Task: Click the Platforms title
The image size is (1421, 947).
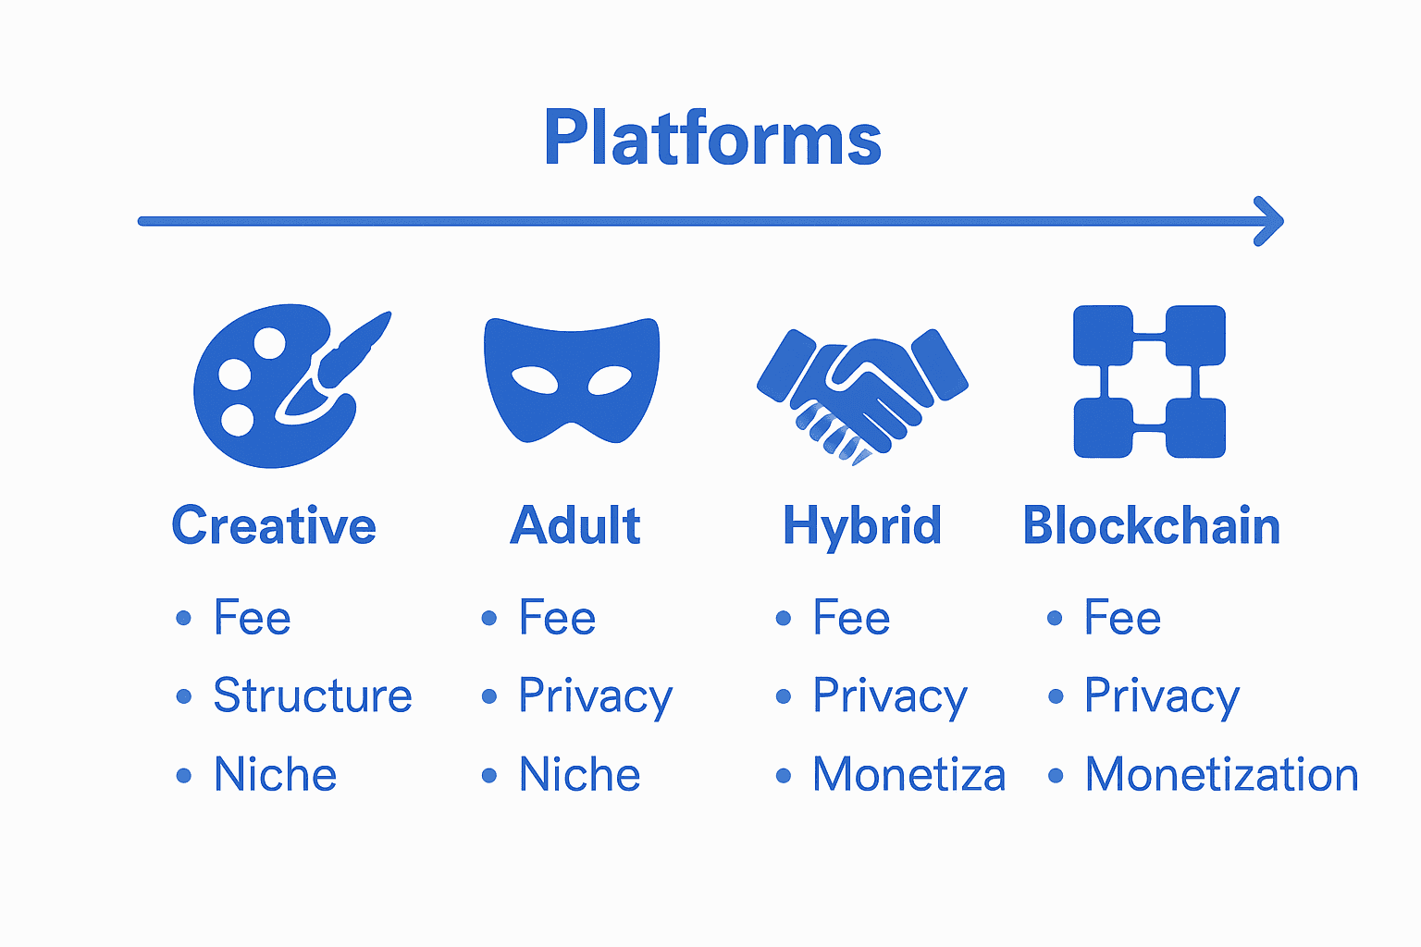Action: pyautogui.click(x=712, y=137)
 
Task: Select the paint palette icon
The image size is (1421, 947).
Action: pyautogui.click(x=291, y=386)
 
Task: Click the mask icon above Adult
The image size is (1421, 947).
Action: pyautogui.click(x=572, y=380)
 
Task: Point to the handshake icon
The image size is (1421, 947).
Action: pyautogui.click(x=862, y=397)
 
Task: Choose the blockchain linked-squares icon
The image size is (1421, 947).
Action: pyautogui.click(x=1149, y=381)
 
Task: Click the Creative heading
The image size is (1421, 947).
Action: pyautogui.click(x=274, y=526)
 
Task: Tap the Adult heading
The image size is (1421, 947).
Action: pyautogui.click(x=575, y=525)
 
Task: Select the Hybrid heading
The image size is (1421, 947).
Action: pyautogui.click(x=862, y=526)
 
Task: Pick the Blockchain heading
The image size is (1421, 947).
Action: pyautogui.click(x=1152, y=525)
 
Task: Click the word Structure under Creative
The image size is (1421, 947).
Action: pyautogui.click(x=313, y=695)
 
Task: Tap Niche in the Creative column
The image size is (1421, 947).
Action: pyautogui.click(x=276, y=774)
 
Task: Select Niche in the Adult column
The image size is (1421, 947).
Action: pyautogui.click(x=580, y=774)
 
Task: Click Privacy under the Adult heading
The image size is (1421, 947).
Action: pyautogui.click(x=596, y=697)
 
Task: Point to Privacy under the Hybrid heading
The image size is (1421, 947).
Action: pyautogui.click(x=890, y=697)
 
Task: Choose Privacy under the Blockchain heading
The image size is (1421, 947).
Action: pyautogui.click(x=1162, y=697)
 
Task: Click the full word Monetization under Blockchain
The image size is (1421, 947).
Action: pyautogui.click(x=1222, y=774)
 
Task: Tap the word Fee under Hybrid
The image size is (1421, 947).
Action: pyautogui.click(x=851, y=617)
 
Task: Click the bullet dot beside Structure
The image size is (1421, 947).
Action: pyautogui.click(x=184, y=696)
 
